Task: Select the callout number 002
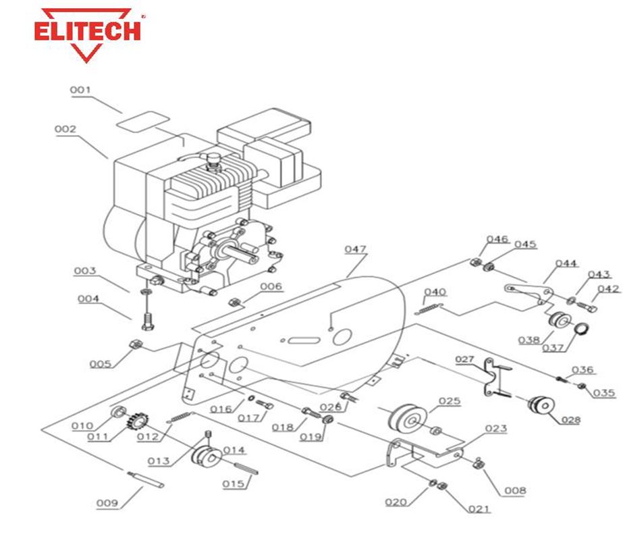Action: (65, 128)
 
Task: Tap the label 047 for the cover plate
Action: (355, 249)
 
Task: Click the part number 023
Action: (495, 428)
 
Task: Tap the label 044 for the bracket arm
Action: (566, 263)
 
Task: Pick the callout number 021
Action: (480, 509)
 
